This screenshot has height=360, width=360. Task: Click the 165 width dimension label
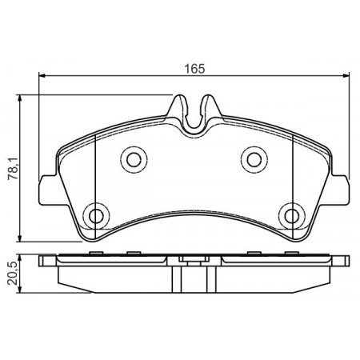pos(195,69)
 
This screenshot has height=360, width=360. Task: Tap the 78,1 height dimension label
pos(14,168)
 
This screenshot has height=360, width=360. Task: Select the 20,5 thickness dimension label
pos(13,273)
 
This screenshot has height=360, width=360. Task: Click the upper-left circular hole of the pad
pos(134,159)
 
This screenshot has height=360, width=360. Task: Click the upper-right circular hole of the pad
pos(254,159)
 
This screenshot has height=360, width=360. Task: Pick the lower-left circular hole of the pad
pos(96,215)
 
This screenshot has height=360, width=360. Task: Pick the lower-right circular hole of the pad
pos(292,215)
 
